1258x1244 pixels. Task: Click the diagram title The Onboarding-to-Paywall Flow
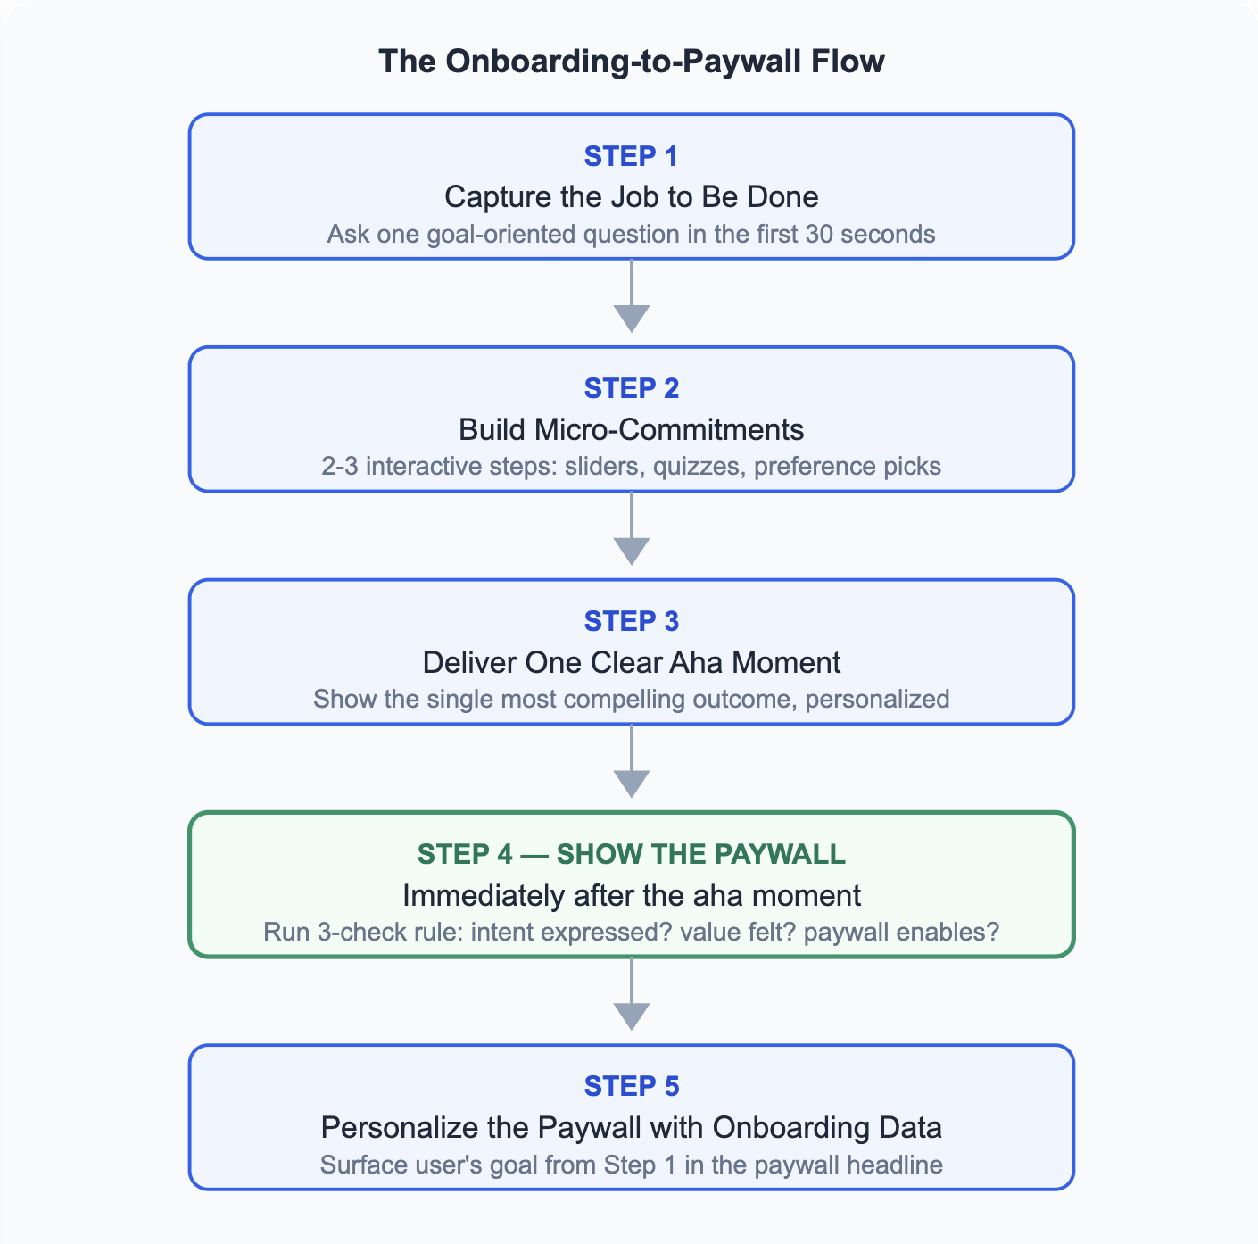click(x=632, y=62)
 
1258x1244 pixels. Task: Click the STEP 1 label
click(x=632, y=157)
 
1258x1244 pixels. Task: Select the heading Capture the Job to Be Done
click(x=632, y=197)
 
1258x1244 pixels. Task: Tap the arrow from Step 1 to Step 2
click(x=632, y=295)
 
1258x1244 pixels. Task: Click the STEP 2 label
click(x=632, y=388)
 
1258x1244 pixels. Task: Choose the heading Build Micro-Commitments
click(x=632, y=429)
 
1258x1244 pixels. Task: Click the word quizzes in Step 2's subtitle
click(x=699, y=467)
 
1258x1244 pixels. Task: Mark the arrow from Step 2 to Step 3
click(x=632, y=528)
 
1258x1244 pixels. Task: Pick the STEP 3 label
click(x=632, y=621)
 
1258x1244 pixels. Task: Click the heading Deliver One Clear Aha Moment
click(x=632, y=663)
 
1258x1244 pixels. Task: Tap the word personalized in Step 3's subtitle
click(x=877, y=700)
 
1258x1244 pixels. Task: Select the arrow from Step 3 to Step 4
click(x=632, y=760)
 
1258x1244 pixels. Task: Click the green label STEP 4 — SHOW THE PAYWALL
click(x=632, y=854)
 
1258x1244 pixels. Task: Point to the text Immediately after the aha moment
click(x=632, y=896)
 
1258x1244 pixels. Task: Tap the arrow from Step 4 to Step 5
click(x=632, y=994)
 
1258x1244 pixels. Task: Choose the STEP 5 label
click(x=632, y=1087)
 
